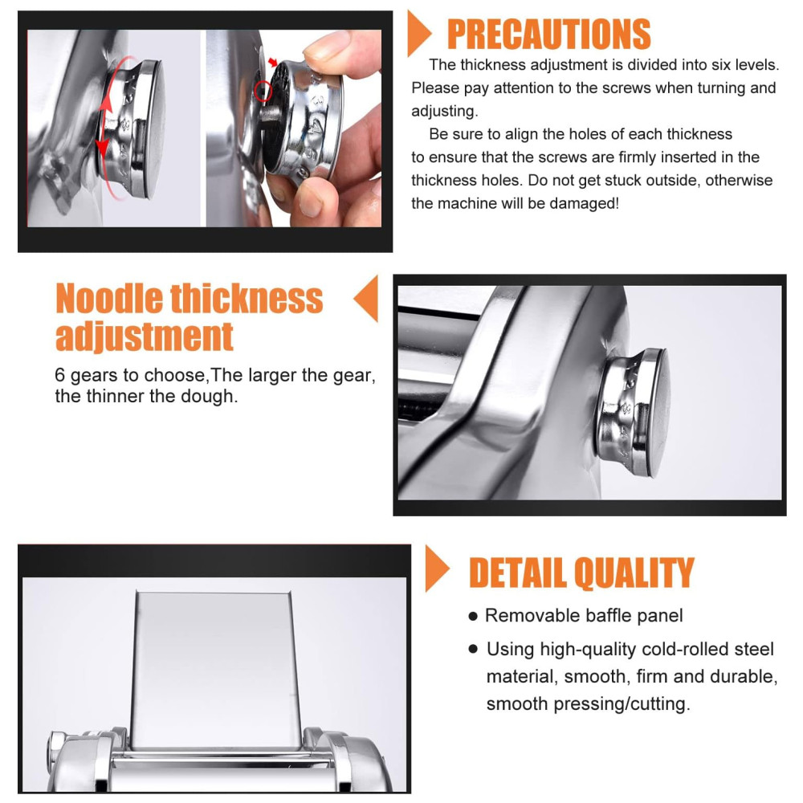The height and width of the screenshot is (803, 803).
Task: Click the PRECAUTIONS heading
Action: tap(548, 34)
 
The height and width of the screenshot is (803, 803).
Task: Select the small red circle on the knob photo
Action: tap(263, 91)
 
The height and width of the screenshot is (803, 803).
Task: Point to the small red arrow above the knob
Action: tap(273, 63)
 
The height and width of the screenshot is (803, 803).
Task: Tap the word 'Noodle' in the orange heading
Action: tap(108, 299)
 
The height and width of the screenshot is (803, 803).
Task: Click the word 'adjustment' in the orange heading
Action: tap(145, 337)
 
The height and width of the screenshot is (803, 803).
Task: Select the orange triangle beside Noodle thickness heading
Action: tap(367, 299)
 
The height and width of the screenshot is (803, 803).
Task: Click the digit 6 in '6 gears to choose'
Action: tap(60, 375)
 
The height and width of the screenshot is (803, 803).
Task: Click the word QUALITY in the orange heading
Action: tap(634, 573)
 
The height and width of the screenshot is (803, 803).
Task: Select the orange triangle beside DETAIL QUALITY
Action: tap(436, 569)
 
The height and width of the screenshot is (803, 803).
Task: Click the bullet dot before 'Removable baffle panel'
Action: tap(473, 616)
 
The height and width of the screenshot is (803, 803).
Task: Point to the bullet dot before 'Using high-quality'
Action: tap(473, 650)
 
